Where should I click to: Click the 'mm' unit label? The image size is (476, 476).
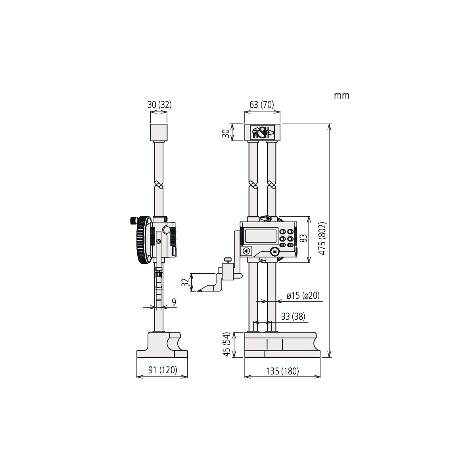tap(342, 96)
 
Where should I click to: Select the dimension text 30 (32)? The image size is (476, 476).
tap(159, 105)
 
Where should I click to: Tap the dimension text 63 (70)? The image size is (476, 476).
tap(262, 105)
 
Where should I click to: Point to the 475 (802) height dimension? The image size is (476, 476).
tap(322, 239)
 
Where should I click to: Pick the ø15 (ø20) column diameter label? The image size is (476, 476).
tap(303, 296)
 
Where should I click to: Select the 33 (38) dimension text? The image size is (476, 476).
tap(293, 317)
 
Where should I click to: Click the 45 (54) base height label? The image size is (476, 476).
tap(226, 345)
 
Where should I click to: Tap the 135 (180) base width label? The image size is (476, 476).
tap(282, 371)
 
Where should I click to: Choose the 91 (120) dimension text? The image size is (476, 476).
tap(163, 370)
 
